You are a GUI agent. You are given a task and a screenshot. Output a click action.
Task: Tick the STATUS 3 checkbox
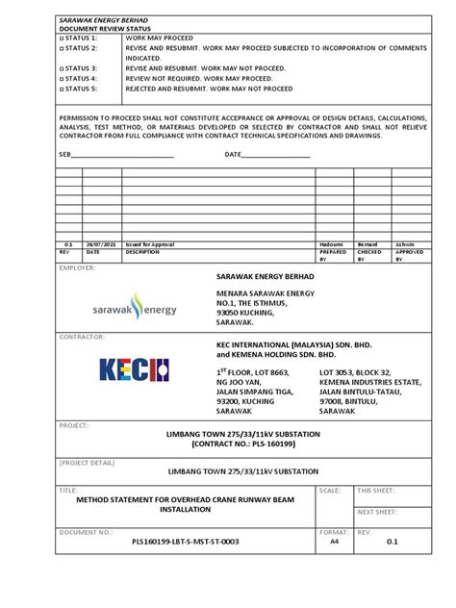61,68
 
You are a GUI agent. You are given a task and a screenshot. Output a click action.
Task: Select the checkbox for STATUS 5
61,89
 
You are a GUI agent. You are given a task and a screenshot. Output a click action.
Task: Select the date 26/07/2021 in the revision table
102,245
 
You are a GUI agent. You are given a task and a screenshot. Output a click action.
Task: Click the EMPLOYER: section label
78,268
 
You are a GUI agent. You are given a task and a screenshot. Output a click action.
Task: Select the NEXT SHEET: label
377,513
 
